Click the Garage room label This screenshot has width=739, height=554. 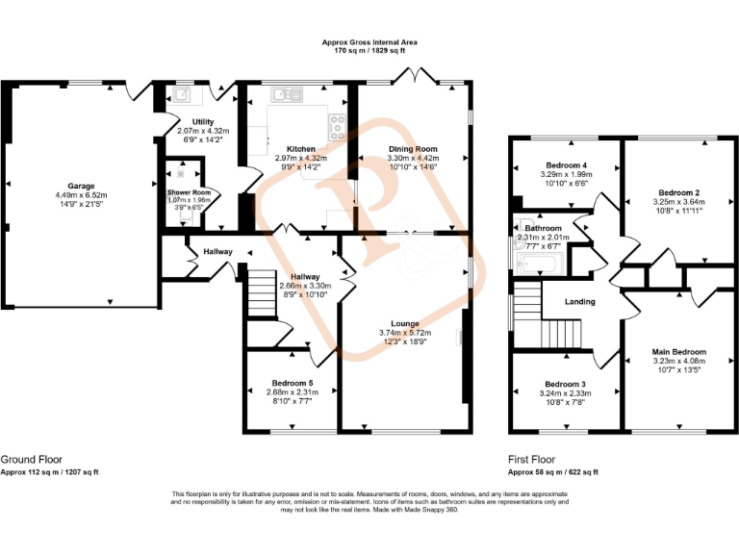81,186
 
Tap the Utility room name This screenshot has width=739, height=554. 202,121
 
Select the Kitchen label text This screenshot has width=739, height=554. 301,149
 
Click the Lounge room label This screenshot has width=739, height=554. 404,323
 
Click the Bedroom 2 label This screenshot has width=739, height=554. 679,192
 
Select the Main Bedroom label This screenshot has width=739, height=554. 679,352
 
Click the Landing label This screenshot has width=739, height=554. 580,302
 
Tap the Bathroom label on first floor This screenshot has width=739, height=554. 543,228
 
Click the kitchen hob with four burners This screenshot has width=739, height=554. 339,122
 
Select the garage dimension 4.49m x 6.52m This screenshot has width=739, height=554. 81,195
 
